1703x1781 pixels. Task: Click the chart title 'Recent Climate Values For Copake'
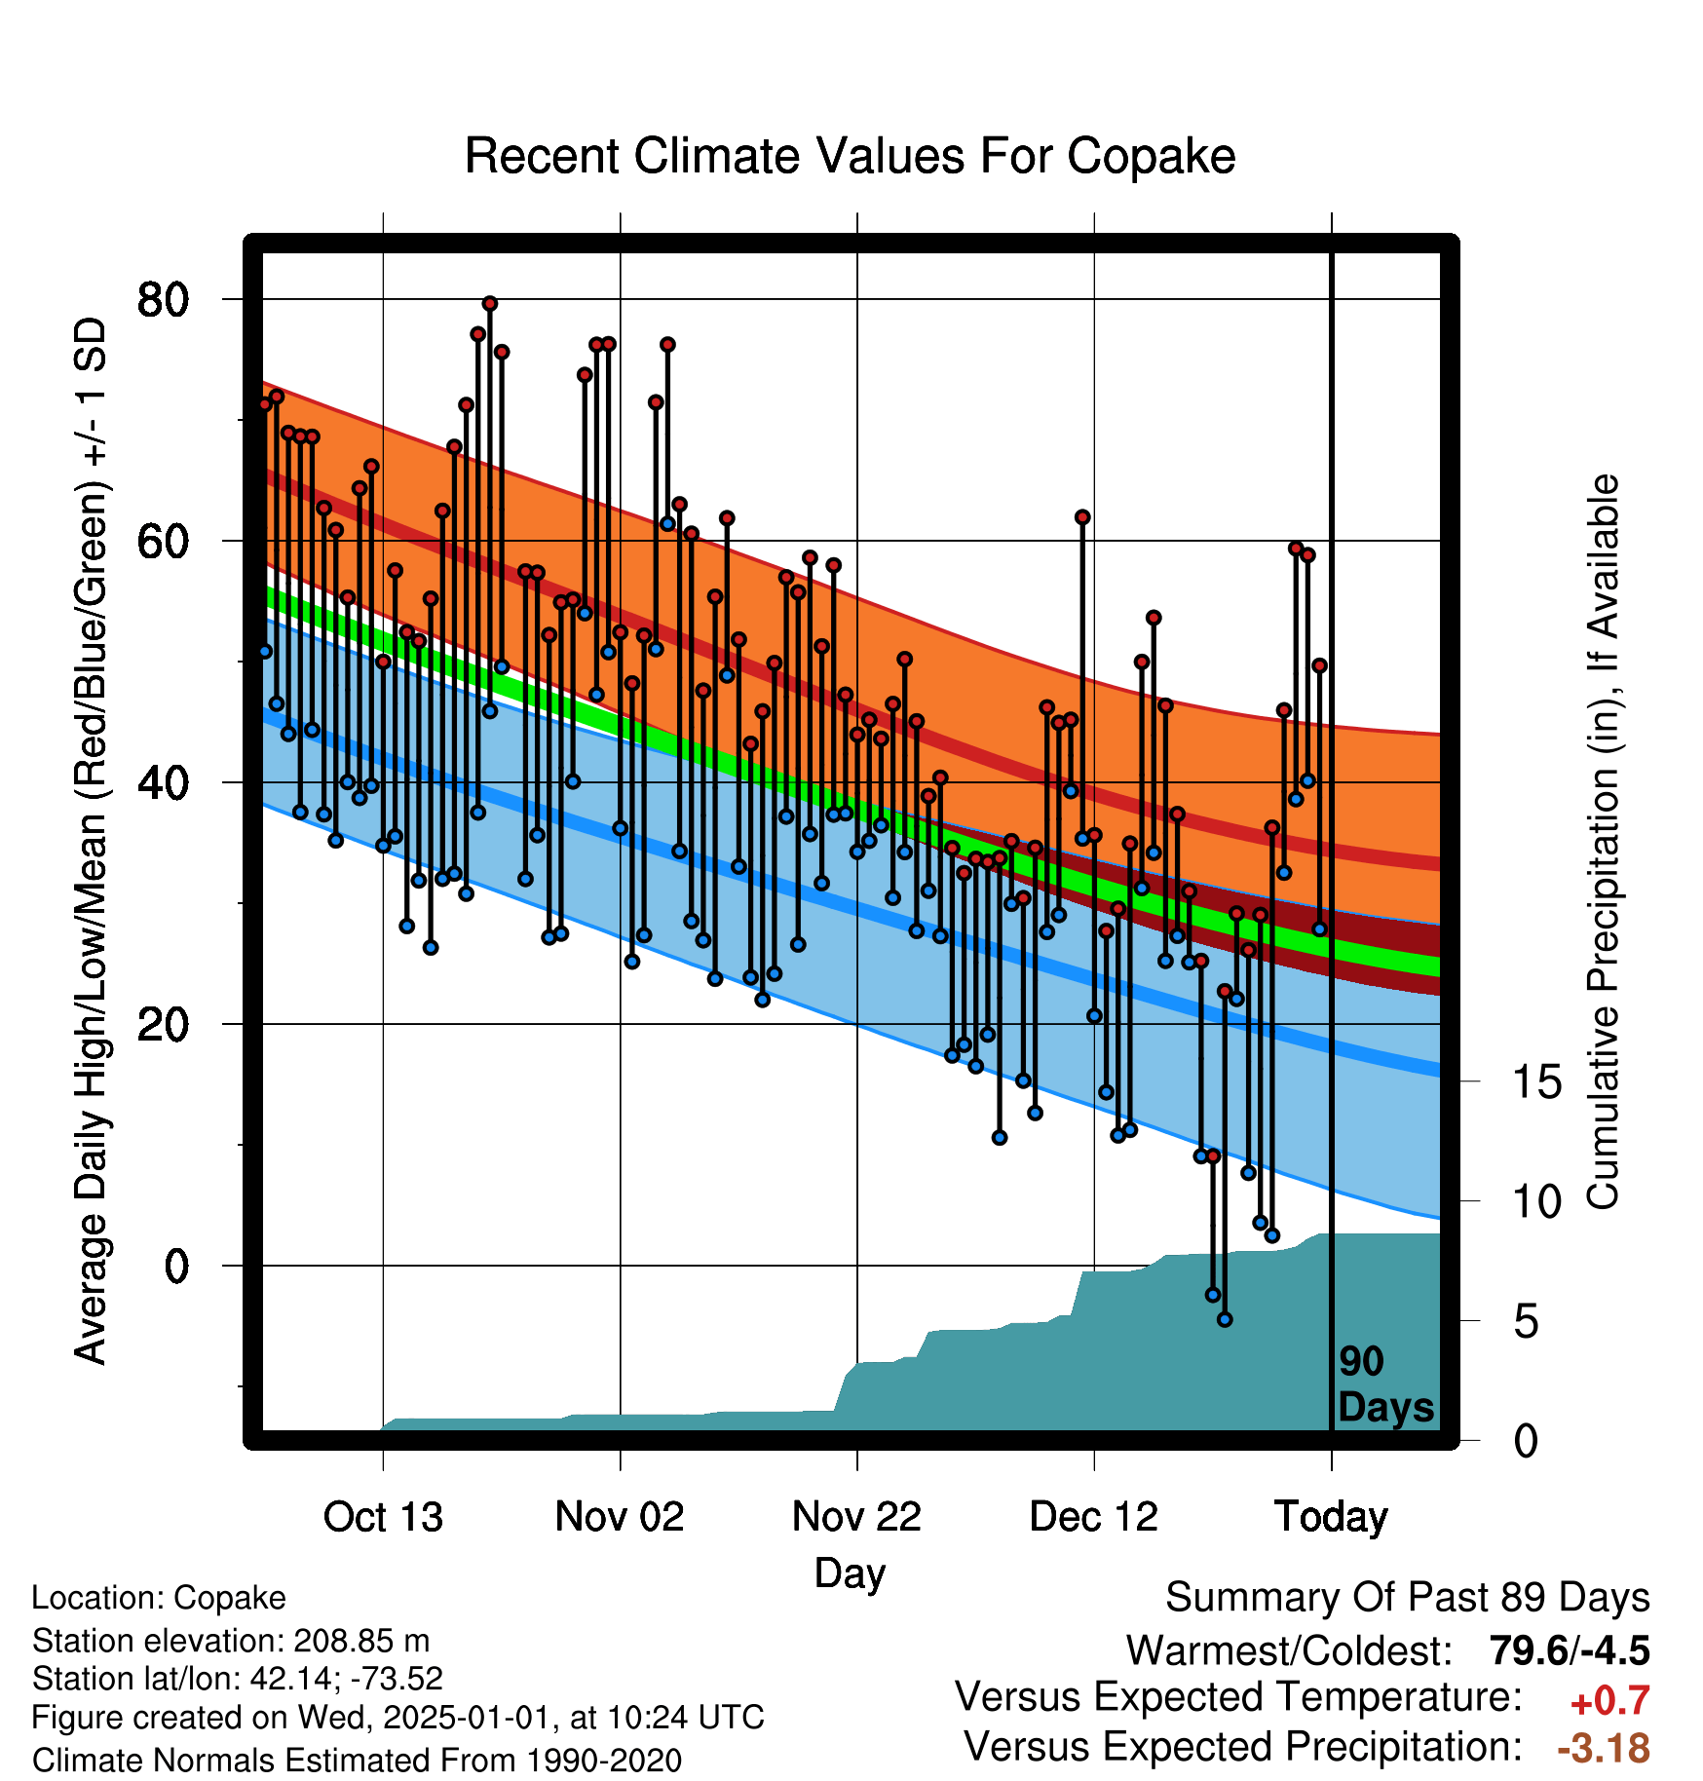(850, 156)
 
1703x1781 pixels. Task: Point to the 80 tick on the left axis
(163, 299)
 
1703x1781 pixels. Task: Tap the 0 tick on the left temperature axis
(176, 1266)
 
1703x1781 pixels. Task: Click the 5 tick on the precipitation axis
(1527, 1322)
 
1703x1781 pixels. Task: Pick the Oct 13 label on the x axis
(383, 1517)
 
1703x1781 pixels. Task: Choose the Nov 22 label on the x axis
(857, 1517)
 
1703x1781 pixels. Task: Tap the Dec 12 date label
(1094, 1517)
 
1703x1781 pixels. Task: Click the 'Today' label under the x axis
(1332, 1517)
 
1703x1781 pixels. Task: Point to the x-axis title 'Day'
(851, 1573)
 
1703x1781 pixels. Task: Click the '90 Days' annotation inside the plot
(1385, 1384)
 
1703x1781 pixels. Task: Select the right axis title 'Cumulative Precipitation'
(1603, 842)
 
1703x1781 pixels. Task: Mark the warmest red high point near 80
(490, 304)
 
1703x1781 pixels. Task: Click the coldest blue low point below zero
(1225, 1319)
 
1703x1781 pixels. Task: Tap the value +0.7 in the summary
(1610, 1701)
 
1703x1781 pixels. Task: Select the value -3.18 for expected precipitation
(1605, 1748)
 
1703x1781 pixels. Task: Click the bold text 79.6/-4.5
(1570, 1650)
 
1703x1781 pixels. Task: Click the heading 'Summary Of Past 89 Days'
(1408, 1598)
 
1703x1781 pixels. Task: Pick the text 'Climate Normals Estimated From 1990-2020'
(357, 1761)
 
